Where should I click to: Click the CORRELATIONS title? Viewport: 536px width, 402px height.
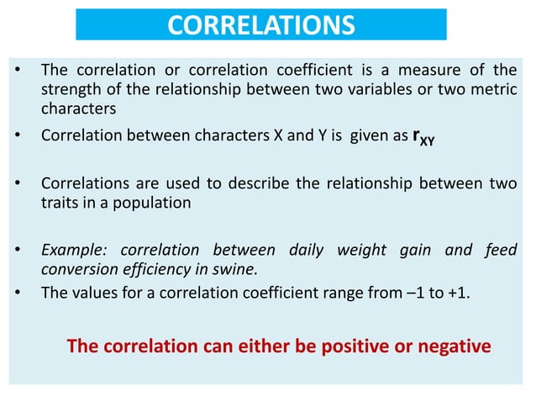(260, 25)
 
